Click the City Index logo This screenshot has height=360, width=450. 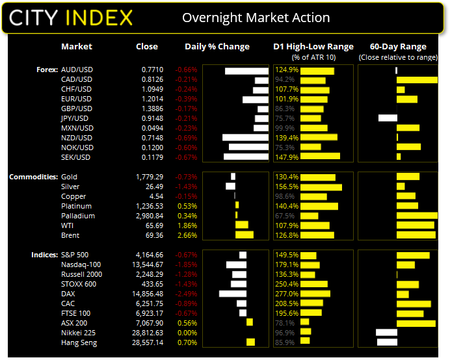[x=71, y=17]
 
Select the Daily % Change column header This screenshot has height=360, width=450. [x=217, y=47]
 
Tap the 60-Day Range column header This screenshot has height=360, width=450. [x=398, y=47]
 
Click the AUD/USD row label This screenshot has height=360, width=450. [x=76, y=70]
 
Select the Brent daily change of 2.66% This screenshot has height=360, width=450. [x=187, y=235]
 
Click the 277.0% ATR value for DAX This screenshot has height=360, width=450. [x=286, y=294]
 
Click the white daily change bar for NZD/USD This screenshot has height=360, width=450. [x=245, y=138]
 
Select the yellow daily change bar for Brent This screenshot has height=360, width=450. [x=245, y=235]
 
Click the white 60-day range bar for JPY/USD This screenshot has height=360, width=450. [x=388, y=118]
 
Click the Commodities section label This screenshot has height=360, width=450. [x=33, y=177]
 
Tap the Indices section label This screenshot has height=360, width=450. [x=44, y=255]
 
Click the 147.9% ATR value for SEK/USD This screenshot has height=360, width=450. [x=286, y=157]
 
